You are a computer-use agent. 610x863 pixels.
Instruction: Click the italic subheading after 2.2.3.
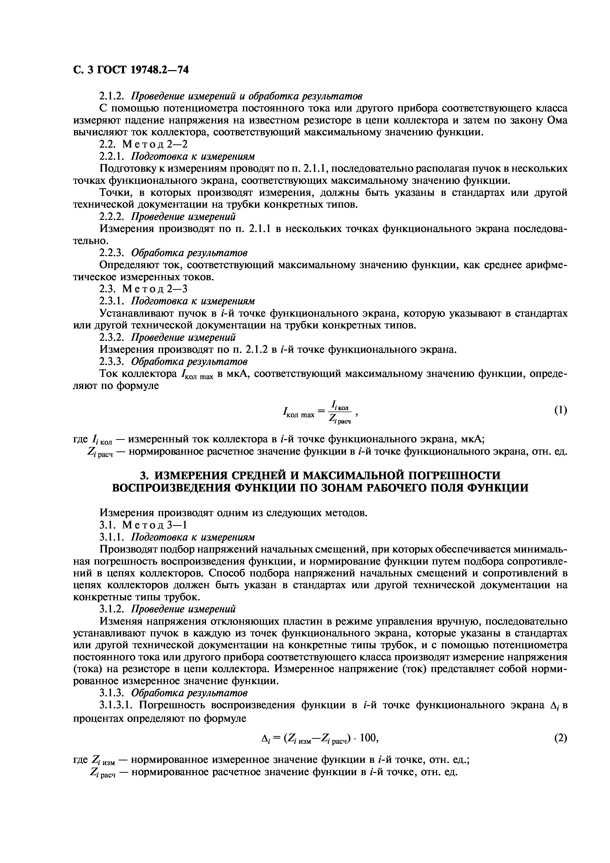pyautogui.click(x=189, y=253)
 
